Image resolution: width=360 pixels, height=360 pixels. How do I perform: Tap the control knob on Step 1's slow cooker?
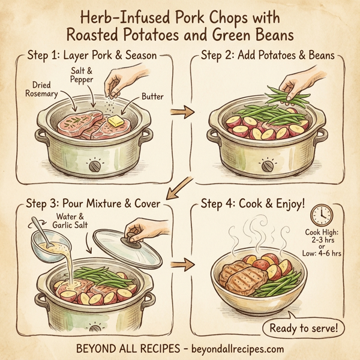pos(94,164)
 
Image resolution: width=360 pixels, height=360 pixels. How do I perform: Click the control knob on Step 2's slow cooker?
pos(265,164)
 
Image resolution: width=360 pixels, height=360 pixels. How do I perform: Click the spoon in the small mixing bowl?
pos(37,227)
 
